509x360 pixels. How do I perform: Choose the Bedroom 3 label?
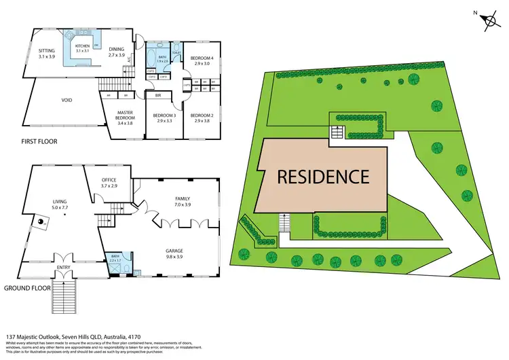[x=165, y=118]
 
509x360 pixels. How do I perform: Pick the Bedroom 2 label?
[x=201, y=118]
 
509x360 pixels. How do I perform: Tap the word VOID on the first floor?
[x=67, y=100]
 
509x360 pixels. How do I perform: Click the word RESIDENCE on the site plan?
[x=322, y=177]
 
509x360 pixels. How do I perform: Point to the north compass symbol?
[x=489, y=20]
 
